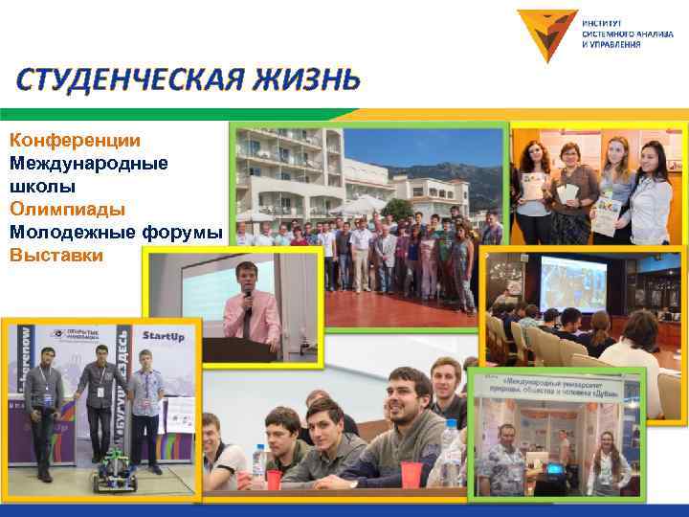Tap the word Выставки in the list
(56, 256)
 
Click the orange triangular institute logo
(546, 34)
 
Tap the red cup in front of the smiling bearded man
(412, 474)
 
